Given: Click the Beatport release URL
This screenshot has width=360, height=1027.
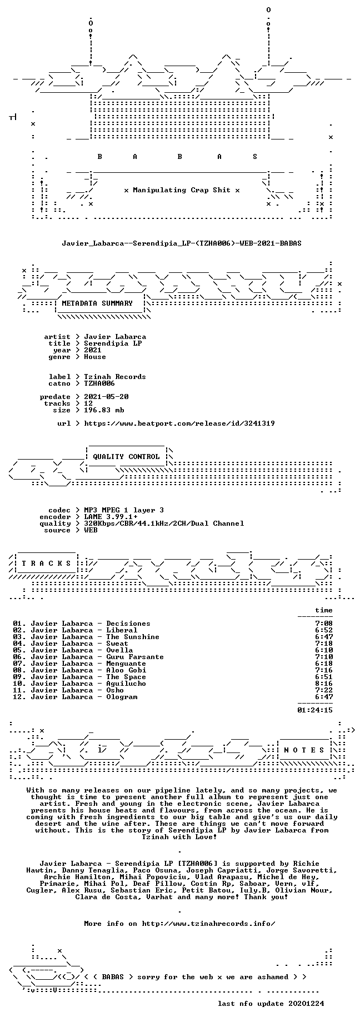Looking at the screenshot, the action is click(179, 423).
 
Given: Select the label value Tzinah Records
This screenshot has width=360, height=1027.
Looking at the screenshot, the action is click(115, 377).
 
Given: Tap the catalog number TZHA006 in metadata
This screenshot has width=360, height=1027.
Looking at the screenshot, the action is click(99, 383).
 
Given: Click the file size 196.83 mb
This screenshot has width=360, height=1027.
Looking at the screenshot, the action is click(104, 410).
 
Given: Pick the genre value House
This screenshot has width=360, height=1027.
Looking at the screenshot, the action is click(95, 357).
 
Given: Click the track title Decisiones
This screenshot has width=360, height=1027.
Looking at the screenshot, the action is click(128, 624).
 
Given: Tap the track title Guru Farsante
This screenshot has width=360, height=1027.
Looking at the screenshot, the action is click(135, 657).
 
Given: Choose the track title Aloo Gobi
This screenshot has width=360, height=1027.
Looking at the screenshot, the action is click(126, 670).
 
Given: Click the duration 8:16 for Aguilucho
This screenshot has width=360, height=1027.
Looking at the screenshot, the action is click(324, 684).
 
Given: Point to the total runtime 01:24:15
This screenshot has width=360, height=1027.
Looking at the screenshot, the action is click(315, 710).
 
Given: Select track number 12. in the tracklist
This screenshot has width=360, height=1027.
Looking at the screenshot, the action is click(19, 697).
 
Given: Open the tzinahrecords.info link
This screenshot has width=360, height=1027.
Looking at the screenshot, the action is click(208, 924).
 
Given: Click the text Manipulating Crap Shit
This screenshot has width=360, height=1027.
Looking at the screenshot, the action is click(182, 190).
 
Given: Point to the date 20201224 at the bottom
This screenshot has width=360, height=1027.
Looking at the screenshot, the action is click(306, 1004).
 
